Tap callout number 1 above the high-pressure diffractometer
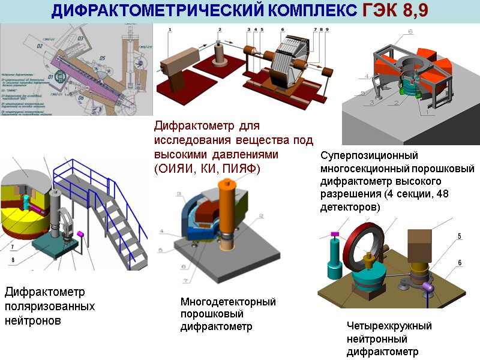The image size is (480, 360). (170, 29)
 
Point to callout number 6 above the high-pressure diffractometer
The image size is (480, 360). (282, 29)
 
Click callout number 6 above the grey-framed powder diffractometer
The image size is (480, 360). (410, 31)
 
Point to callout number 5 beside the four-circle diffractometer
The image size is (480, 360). (460, 236)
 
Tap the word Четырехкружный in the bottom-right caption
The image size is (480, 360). (389, 326)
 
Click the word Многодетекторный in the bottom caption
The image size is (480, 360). (228, 301)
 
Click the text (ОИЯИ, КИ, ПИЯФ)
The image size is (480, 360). (207, 169)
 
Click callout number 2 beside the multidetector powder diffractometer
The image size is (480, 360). (260, 216)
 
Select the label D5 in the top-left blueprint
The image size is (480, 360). (101, 58)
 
